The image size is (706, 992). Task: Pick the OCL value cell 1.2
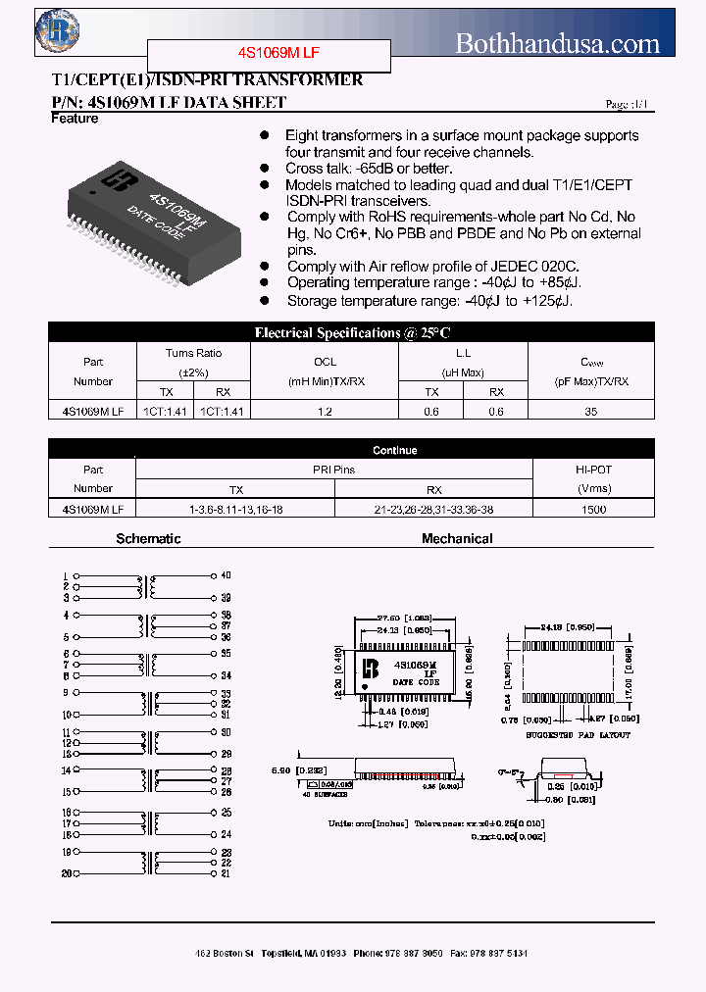click(x=325, y=413)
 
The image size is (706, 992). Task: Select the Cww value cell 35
click(x=590, y=413)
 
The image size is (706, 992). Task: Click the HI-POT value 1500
click(x=593, y=509)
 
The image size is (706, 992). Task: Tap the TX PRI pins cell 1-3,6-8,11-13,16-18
click(x=236, y=509)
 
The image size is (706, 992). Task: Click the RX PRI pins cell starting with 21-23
click(x=434, y=509)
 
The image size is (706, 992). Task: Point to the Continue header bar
click(x=394, y=450)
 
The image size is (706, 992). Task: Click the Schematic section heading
click(x=148, y=538)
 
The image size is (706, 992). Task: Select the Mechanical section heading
click(x=457, y=538)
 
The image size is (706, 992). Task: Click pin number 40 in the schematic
click(x=226, y=575)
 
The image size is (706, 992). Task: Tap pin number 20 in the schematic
click(x=66, y=873)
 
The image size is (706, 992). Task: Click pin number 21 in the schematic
click(x=226, y=873)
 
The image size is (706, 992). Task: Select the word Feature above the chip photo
click(x=75, y=119)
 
